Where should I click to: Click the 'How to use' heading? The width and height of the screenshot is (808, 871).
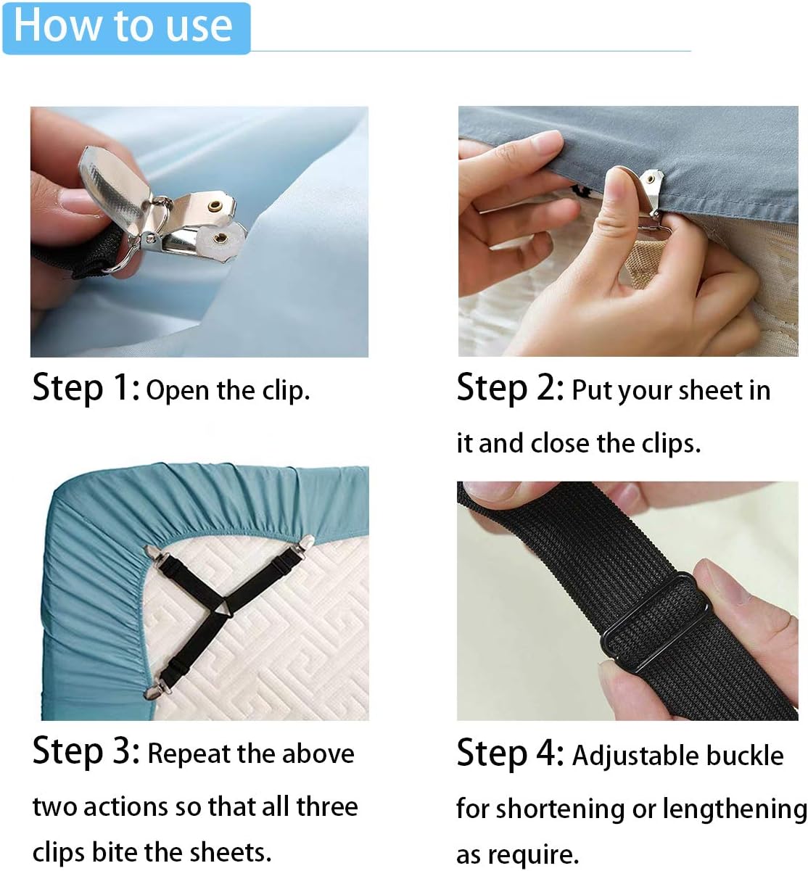(124, 26)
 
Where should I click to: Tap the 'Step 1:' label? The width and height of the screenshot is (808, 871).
(86, 388)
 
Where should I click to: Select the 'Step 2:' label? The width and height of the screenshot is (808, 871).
(510, 388)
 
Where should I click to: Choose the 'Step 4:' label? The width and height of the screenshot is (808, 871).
(510, 754)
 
